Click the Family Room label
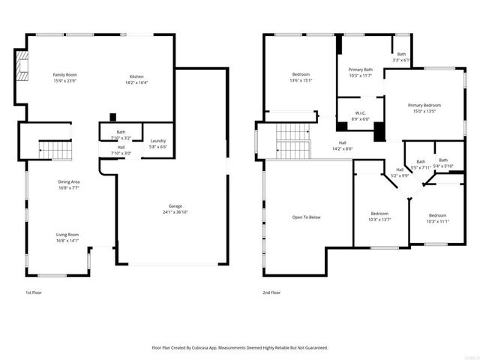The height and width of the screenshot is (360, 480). (64, 75)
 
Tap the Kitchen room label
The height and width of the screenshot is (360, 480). (136, 77)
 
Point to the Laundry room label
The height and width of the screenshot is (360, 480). (157, 141)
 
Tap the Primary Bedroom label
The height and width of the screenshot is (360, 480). (424, 106)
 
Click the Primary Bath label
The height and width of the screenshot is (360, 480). (361, 70)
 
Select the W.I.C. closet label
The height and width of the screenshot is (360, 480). (361, 115)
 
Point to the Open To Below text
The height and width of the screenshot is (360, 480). (306, 217)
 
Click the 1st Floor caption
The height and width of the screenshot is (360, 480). (33, 292)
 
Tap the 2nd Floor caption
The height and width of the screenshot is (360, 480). (271, 292)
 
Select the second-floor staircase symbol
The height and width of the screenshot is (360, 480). (292, 141)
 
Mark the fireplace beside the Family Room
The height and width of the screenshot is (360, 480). (23, 65)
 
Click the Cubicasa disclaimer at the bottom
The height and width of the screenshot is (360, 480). (240, 347)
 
